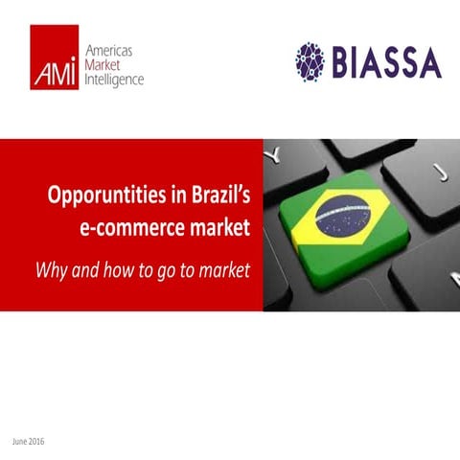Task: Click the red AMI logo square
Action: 54,58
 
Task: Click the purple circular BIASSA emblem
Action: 313,59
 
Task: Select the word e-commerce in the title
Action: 129,229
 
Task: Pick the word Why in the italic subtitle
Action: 50,269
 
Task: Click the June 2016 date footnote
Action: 29,441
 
